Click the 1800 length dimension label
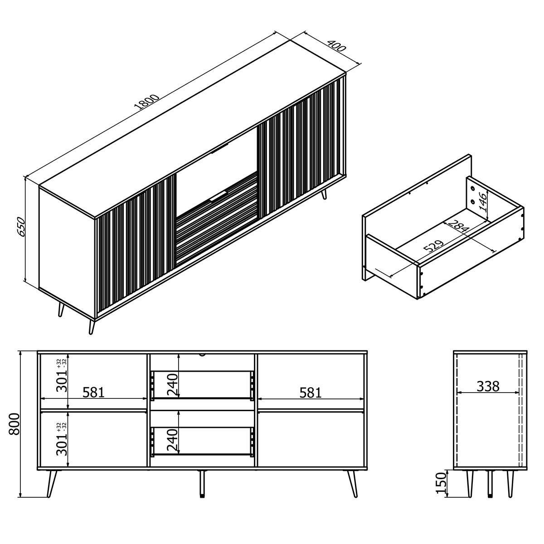pos(147,102)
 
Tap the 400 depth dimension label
pos(336,46)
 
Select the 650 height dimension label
pos(21,227)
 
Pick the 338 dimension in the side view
pos(488,386)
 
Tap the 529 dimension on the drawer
pos(434,246)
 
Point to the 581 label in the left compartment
pos(93,392)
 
